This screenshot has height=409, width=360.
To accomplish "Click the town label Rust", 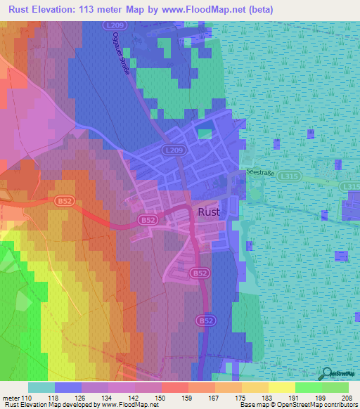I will [x=209, y=211].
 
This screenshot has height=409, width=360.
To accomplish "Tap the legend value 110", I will [x=25, y=397].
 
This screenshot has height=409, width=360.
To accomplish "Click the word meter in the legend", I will [x=9, y=397].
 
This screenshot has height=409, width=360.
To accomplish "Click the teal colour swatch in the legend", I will [x=41, y=387].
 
